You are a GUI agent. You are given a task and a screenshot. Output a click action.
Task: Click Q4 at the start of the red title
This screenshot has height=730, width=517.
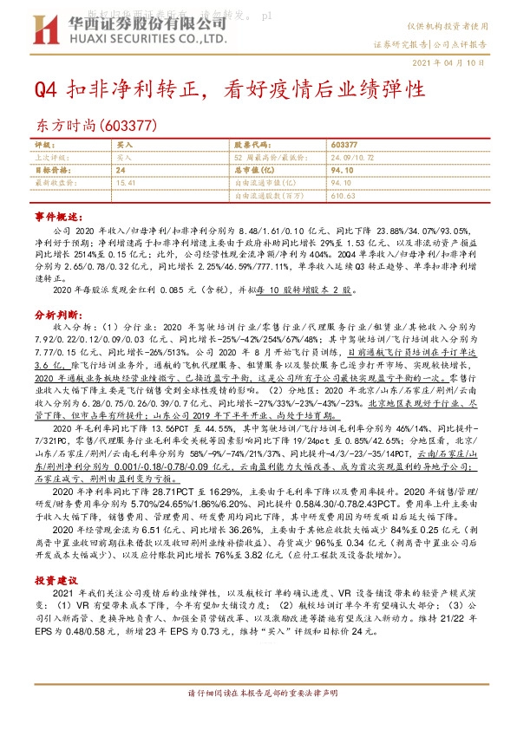tap(47, 89)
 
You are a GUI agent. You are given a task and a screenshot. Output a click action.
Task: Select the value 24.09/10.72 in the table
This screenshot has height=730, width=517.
tap(353, 157)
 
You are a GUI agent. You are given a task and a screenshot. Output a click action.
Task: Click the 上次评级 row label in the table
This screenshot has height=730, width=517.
tap(49, 157)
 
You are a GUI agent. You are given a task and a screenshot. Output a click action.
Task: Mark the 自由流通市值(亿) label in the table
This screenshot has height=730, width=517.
tap(265, 183)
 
